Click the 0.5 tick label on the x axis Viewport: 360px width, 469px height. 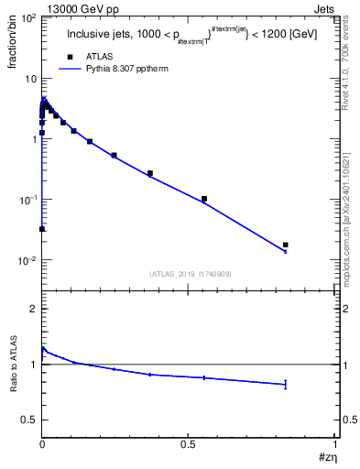188,443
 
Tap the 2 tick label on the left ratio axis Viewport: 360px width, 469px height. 33,309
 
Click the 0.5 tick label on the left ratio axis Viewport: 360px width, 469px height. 28,420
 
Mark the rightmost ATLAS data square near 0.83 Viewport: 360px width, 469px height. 286,245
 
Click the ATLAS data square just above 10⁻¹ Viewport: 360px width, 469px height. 204,199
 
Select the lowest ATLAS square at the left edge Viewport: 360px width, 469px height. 42,229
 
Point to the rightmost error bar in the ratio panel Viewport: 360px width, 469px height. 286,384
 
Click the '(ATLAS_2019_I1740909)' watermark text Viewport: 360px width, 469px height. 190,274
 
